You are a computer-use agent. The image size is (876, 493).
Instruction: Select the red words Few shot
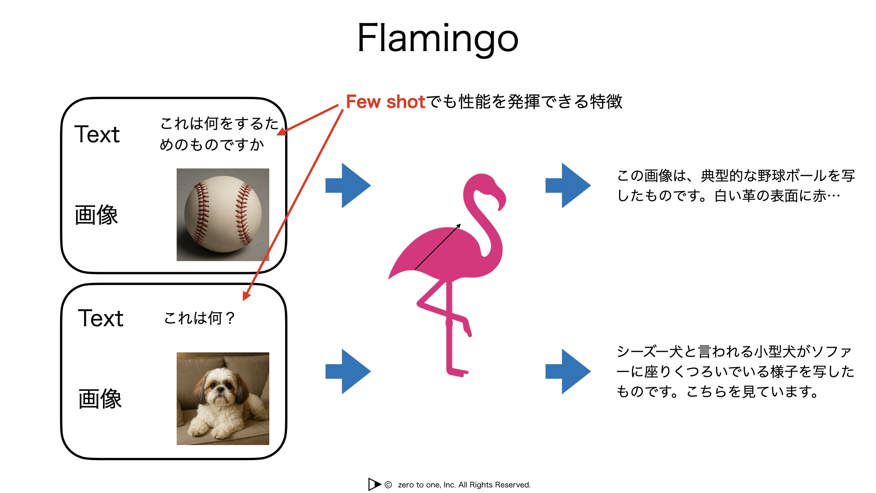coord(386,101)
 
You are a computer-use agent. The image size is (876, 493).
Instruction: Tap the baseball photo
coord(223,215)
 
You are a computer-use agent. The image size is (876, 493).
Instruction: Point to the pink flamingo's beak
coord(501,199)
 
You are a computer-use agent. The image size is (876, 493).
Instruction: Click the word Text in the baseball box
coord(97,134)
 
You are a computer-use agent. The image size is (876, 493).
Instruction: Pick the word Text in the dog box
coord(100,318)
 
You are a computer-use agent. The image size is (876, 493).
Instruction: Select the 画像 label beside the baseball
coord(96,215)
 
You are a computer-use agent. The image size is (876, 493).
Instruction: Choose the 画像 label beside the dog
coord(100,399)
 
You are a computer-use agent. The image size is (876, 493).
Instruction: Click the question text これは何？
coord(199,318)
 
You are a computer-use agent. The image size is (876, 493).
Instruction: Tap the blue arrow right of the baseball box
coord(348,185)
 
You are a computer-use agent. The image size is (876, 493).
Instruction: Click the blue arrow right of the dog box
coord(348,371)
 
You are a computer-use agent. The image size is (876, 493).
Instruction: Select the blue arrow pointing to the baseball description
coord(568,185)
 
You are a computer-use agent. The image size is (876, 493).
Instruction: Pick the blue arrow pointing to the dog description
coord(568,371)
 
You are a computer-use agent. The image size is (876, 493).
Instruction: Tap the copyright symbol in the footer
coord(388,485)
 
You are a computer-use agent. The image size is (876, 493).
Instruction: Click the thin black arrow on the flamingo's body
coord(438,246)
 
